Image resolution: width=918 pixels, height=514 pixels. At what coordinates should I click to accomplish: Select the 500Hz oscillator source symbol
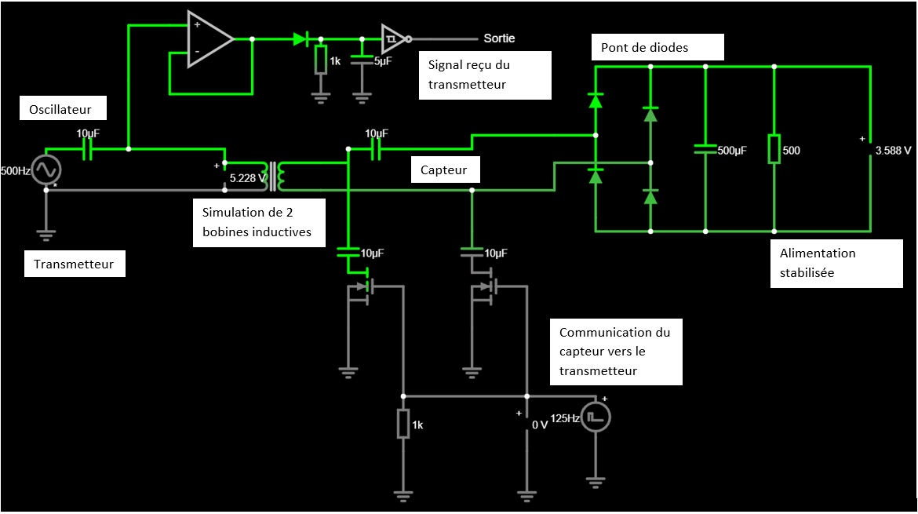pyautogui.click(x=46, y=170)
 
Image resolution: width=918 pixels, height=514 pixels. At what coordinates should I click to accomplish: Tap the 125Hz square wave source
pyautogui.click(x=596, y=417)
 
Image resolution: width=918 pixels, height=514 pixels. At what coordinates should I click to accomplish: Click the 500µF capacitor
pyautogui.click(x=705, y=149)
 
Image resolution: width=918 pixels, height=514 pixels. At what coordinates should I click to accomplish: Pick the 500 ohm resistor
pyautogui.click(x=774, y=149)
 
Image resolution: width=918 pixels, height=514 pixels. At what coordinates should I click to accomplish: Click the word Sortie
pyautogui.click(x=499, y=38)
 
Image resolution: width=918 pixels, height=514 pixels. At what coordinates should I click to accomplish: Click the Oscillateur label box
pyautogui.click(x=61, y=108)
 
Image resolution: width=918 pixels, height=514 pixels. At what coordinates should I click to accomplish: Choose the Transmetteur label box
pyautogui.click(x=74, y=264)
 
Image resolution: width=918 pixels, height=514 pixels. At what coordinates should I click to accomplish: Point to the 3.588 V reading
pyautogui.click(x=893, y=150)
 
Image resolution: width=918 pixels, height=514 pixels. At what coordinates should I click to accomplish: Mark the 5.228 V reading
pyautogui.click(x=248, y=178)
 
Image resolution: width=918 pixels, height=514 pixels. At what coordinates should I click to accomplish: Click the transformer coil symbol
pyautogui.click(x=275, y=177)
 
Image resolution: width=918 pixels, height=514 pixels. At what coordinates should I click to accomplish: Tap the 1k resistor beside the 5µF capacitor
pyautogui.click(x=320, y=60)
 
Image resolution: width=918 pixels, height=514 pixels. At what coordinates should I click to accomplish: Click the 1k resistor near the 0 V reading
pyautogui.click(x=403, y=425)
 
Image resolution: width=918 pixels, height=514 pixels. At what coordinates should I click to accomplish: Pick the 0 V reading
pyautogui.click(x=539, y=425)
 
